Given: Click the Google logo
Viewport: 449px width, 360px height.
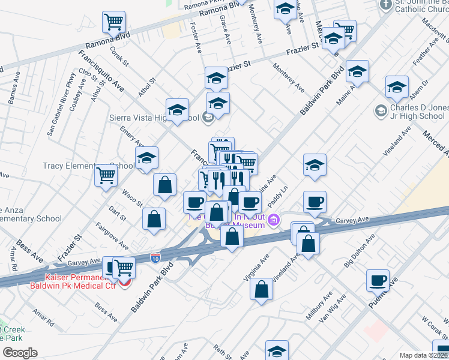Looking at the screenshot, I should coord(19,352).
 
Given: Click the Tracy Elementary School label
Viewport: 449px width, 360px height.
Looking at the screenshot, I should coord(89,166).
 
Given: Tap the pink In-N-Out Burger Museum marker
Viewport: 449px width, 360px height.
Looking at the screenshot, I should coord(274,221).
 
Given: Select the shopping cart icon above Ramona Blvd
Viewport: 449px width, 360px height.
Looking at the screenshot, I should coord(113,22).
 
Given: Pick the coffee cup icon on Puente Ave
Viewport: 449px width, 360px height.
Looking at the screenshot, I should coord(378,280).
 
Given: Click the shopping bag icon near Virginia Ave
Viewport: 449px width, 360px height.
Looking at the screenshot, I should coord(262,290).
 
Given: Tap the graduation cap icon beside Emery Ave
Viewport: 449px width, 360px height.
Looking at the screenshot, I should coord(146,158).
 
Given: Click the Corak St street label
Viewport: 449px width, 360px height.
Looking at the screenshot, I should coord(119,53).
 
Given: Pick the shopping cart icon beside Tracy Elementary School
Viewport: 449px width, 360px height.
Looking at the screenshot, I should coord(106,175).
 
